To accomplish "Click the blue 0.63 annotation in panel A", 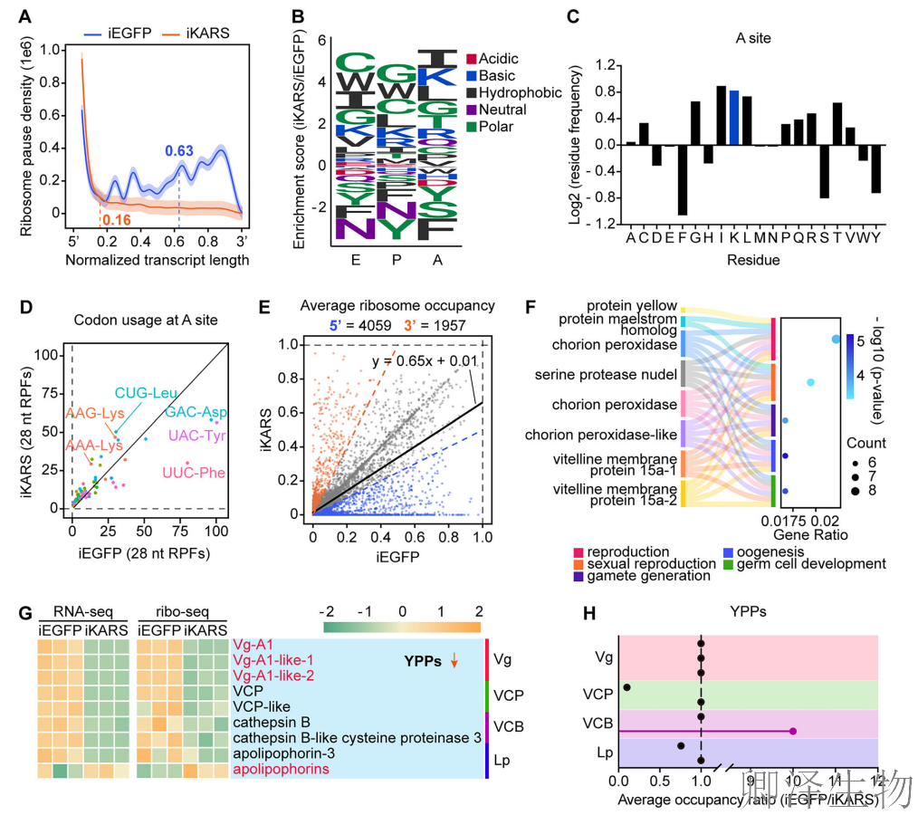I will pyautogui.click(x=179, y=151).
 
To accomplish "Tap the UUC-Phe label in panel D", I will pyautogui.click(x=193, y=473).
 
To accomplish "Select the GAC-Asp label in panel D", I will pyautogui.click(x=196, y=412).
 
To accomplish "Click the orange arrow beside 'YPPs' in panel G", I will pyautogui.click(x=454, y=662).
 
